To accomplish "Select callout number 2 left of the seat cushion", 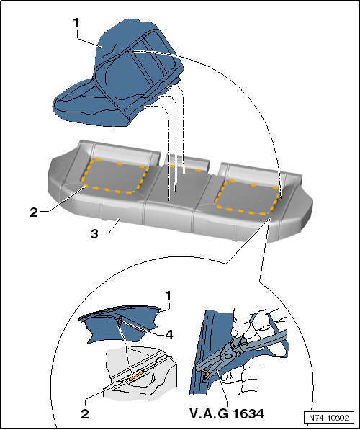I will pyautogui.click(x=34, y=212).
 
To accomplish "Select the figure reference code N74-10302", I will pyautogui.click(x=328, y=418).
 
